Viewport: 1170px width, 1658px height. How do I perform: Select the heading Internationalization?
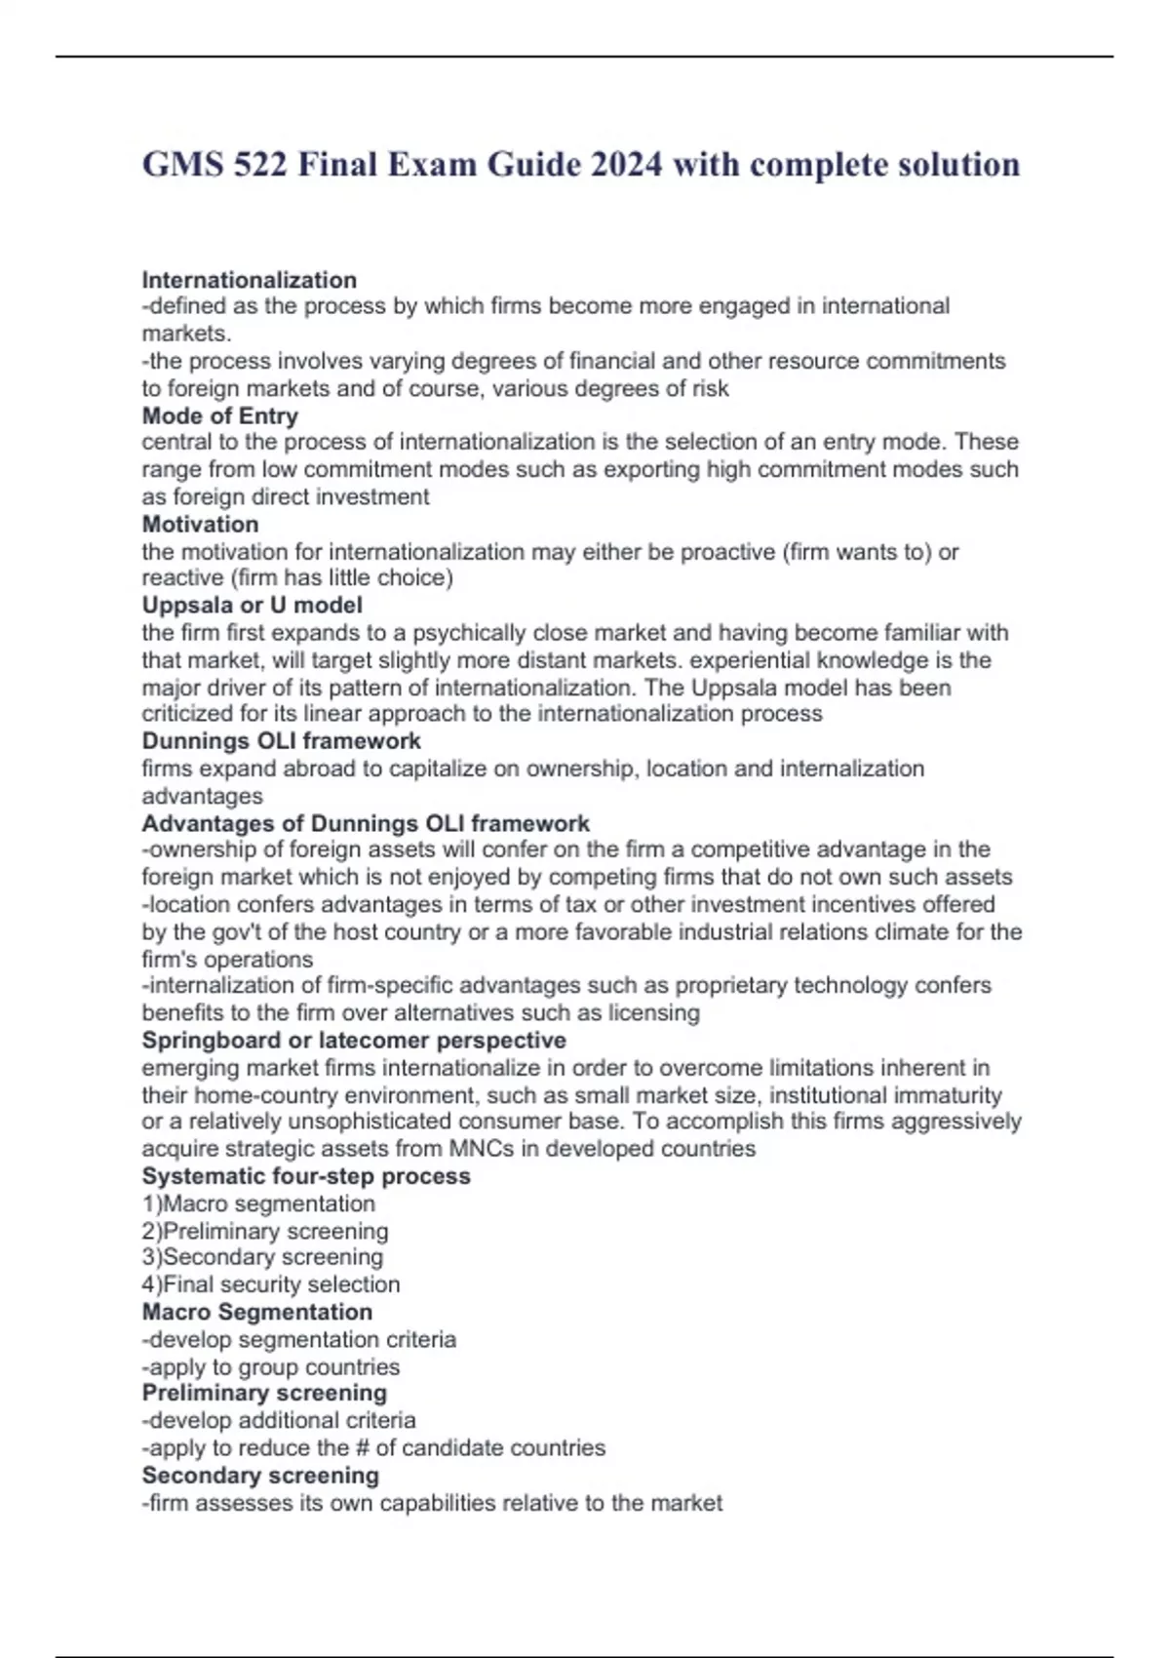(x=250, y=280)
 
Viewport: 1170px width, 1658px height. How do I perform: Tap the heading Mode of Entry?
(x=220, y=415)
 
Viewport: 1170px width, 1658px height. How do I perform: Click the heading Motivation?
(x=201, y=524)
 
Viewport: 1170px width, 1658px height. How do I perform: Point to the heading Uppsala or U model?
(x=253, y=605)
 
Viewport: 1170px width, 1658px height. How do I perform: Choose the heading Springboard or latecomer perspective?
(x=354, y=1040)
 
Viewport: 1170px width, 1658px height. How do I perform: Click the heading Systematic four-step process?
(x=306, y=1175)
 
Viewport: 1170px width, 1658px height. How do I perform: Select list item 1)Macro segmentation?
(x=258, y=1204)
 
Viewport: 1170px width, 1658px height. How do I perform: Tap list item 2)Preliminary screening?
(x=265, y=1231)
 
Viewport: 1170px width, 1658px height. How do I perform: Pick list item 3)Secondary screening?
(x=262, y=1257)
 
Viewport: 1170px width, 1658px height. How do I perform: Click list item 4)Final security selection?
(x=271, y=1284)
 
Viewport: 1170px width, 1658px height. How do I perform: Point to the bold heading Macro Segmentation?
(x=257, y=1312)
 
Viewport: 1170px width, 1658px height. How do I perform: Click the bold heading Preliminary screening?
(x=264, y=1393)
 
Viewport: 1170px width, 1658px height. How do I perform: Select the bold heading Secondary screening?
(x=260, y=1475)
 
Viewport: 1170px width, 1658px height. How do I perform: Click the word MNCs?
(x=481, y=1149)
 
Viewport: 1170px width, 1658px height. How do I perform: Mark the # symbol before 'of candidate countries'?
(x=363, y=1447)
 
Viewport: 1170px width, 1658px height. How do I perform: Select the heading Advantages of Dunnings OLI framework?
(x=366, y=823)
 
